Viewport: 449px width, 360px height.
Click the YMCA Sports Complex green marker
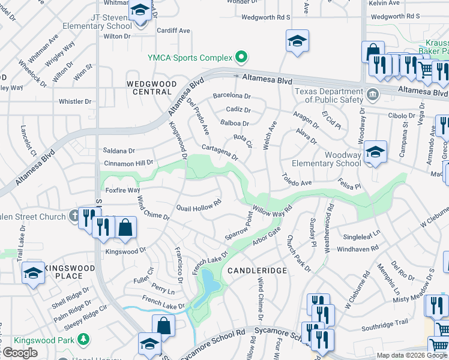(x=241, y=58)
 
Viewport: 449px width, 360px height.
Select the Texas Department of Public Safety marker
(x=372, y=94)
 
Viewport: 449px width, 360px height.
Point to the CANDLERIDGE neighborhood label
(x=258, y=271)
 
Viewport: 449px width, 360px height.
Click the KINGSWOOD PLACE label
(x=64, y=272)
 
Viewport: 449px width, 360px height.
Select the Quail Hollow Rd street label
(x=199, y=208)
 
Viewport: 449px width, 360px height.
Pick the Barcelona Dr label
(x=232, y=96)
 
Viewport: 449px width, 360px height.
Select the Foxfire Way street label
(x=122, y=191)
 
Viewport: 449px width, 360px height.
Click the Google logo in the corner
(x=19, y=353)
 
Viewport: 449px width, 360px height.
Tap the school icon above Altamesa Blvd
(x=297, y=41)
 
